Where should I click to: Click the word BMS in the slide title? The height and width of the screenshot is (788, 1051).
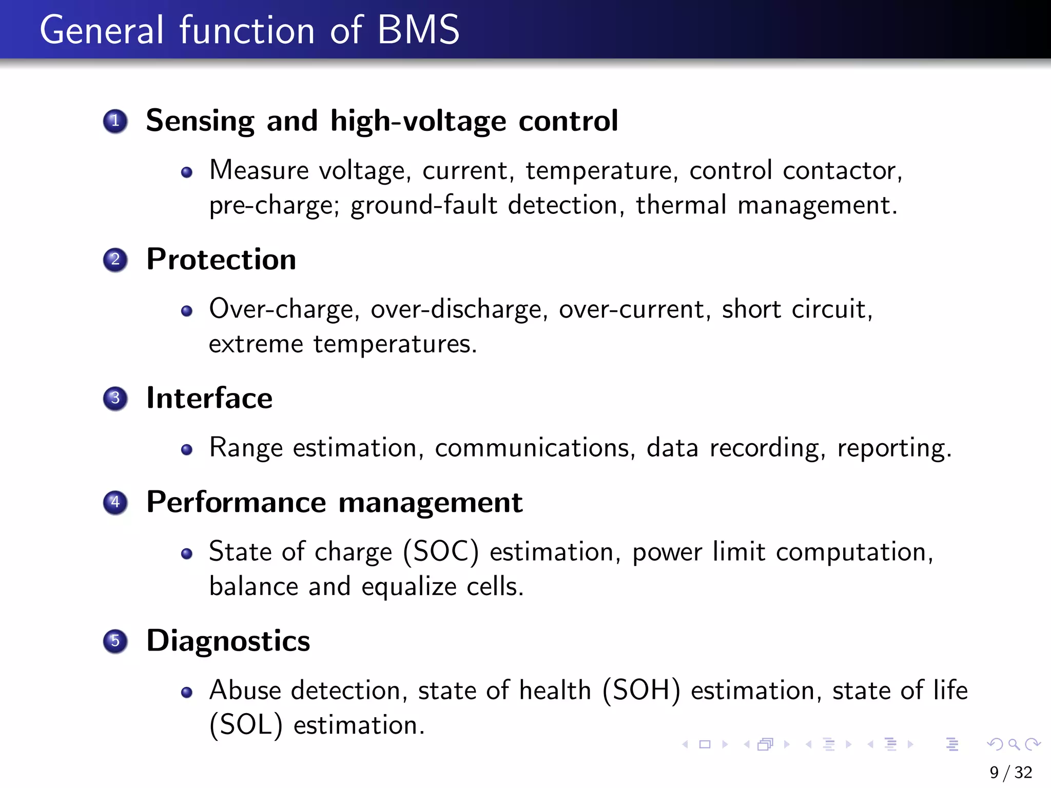pyautogui.click(x=418, y=30)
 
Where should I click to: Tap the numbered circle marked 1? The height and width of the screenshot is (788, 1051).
pyautogui.click(x=115, y=121)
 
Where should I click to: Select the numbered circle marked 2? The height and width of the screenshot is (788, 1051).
pyautogui.click(x=115, y=260)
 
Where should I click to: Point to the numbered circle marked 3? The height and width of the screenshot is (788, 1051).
pyautogui.click(x=115, y=399)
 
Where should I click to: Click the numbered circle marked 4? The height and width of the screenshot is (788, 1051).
pyautogui.click(x=115, y=502)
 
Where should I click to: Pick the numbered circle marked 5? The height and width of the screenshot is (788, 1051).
pyautogui.click(x=115, y=641)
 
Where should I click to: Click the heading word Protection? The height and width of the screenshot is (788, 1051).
pyautogui.click(x=221, y=259)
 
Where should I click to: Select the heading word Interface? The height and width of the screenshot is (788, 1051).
pyautogui.click(x=209, y=398)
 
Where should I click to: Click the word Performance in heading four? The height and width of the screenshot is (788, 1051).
pyautogui.click(x=236, y=502)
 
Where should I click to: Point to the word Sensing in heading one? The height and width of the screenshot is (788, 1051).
pyautogui.click(x=200, y=122)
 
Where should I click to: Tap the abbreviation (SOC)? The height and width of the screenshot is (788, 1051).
pyautogui.click(x=441, y=552)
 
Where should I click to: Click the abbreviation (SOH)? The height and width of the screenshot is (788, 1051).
pyautogui.click(x=641, y=691)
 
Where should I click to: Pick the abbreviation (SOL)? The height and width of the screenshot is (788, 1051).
pyautogui.click(x=246, y=725)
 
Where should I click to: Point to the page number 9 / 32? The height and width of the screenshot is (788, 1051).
pyautogui.click(x=1010, y=772)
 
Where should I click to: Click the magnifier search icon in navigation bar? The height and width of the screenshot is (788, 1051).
pyautogui.click(x=1013, y=744)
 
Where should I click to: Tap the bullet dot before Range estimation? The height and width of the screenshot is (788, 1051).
pyautogui.click(x=187, y=450)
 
